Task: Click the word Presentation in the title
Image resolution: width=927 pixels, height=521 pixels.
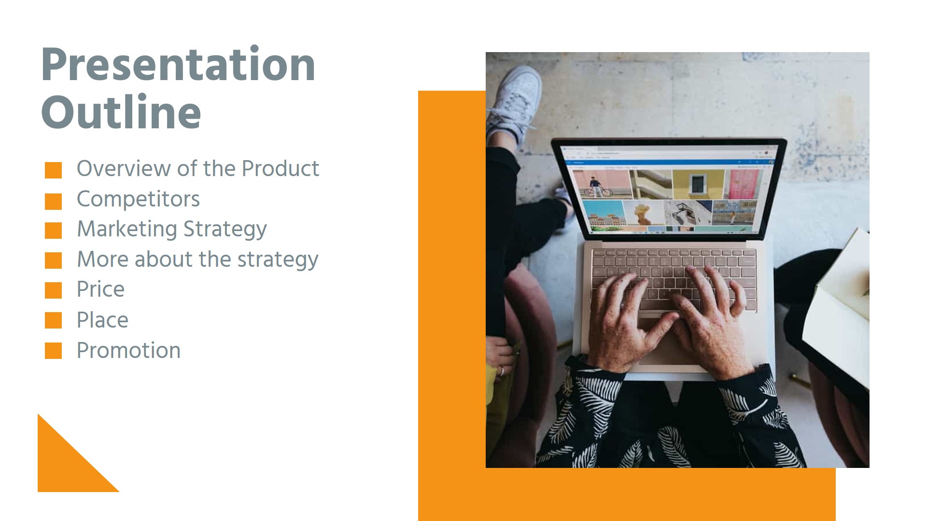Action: coord(178,65)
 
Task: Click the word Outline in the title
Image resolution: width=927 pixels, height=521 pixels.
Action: coord(121,112)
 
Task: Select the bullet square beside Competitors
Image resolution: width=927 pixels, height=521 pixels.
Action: coord(53,201)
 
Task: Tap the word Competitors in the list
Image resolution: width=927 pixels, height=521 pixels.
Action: coord(138,199)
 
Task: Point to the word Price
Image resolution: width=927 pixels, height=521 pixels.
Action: coord(100,289)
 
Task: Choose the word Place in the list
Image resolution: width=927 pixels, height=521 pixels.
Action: coord(102,320)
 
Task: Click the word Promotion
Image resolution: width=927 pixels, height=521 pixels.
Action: coord(128,350)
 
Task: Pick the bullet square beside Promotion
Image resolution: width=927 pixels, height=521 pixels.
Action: coord(53,351)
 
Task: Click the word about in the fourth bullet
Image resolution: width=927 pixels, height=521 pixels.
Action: coord(163,260)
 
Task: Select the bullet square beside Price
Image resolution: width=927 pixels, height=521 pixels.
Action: coord(53,290)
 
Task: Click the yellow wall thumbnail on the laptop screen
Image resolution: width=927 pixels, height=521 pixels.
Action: coord(698,183)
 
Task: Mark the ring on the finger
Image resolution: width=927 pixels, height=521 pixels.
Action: coord(502,370)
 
